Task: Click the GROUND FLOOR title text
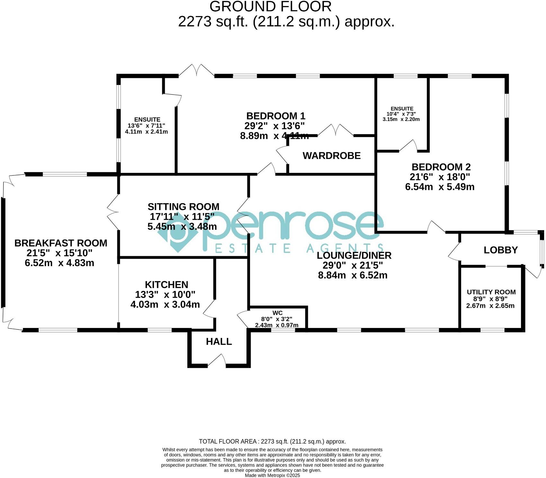click(270, 7)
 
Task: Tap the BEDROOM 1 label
click(275, 116)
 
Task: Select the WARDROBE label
click(331, 156)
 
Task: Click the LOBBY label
click(500, 250)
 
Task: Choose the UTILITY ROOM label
click(491, 292)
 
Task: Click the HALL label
click(219, 342)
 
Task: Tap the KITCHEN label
click(166, 285)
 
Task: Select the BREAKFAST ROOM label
click(61, 243)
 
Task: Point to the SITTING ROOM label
click(183, 207)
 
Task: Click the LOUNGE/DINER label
click(354, 256)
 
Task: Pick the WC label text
click(277, 313)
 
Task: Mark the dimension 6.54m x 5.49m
click(439, 187)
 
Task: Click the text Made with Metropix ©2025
click(272, 475)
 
